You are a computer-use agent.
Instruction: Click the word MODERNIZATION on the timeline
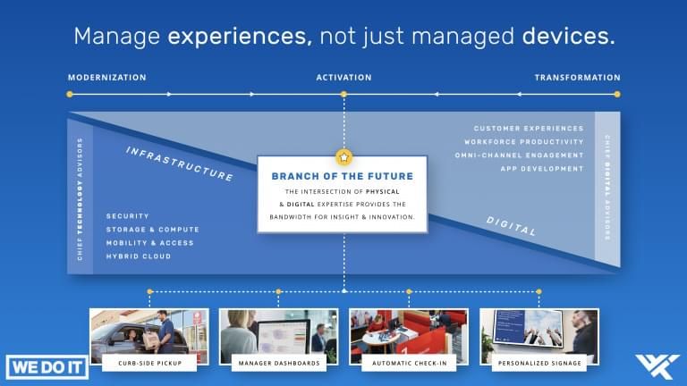(106, 78)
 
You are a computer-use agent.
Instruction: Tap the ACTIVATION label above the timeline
(343, 78)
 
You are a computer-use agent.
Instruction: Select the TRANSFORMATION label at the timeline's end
(577, 78)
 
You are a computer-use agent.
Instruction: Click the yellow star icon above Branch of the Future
(343, 157)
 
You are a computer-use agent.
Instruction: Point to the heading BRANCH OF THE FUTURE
(343, 176)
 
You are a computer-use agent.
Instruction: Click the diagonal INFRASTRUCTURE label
(179, 163)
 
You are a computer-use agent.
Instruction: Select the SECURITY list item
(127, 216)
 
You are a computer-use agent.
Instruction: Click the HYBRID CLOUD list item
(138, 256)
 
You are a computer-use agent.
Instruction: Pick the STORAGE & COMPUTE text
(152, 230)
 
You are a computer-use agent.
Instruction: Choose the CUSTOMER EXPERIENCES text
(528, 129)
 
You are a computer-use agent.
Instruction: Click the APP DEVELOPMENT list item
(542, 169)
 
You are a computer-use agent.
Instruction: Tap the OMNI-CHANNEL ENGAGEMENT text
(519, 155)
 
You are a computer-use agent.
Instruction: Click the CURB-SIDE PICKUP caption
(149, 363)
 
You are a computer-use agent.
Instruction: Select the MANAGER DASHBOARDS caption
(279, 363)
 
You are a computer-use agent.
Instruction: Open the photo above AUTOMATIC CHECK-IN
(408, 332)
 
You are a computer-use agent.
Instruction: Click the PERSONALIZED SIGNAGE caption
(539, 363)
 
